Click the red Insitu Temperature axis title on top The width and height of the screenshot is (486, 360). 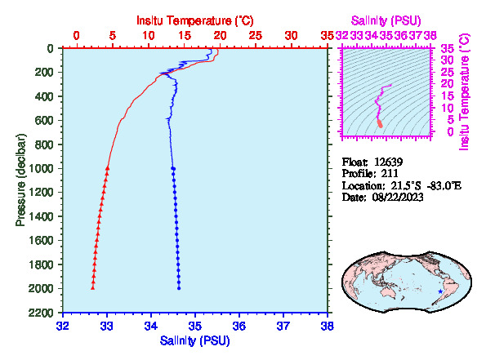(x=195, y=20)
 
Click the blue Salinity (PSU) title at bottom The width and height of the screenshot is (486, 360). (x=194, y=340)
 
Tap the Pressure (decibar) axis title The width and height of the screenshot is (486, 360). (x=20, y=180)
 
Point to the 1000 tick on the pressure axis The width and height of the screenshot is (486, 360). (x=41, y=168)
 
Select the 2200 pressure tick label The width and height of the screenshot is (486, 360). (x=41, y=313)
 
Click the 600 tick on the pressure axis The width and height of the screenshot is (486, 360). (x=44, y=120)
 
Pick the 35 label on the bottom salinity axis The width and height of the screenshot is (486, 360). (x=195, y=327)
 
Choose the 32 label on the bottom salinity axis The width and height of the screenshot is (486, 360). (x=63, y=327)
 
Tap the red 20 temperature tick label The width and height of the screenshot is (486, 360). (x=220, y=36)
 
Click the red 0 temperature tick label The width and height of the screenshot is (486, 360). (x=77, y=36)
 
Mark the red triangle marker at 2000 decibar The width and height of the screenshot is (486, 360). (x=92, y=288)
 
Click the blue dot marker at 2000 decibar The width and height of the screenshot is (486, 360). (x=179, y=288)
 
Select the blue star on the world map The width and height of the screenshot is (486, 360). (x=440, y=291)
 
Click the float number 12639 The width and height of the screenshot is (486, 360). (x=388, y=162)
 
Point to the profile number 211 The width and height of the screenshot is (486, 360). (x=390, y=173)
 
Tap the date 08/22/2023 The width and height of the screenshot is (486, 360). (x=398, y=197)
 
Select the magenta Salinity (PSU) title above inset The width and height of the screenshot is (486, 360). (x=386, y=20)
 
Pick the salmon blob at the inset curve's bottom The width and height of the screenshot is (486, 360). (x=381, y=123)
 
